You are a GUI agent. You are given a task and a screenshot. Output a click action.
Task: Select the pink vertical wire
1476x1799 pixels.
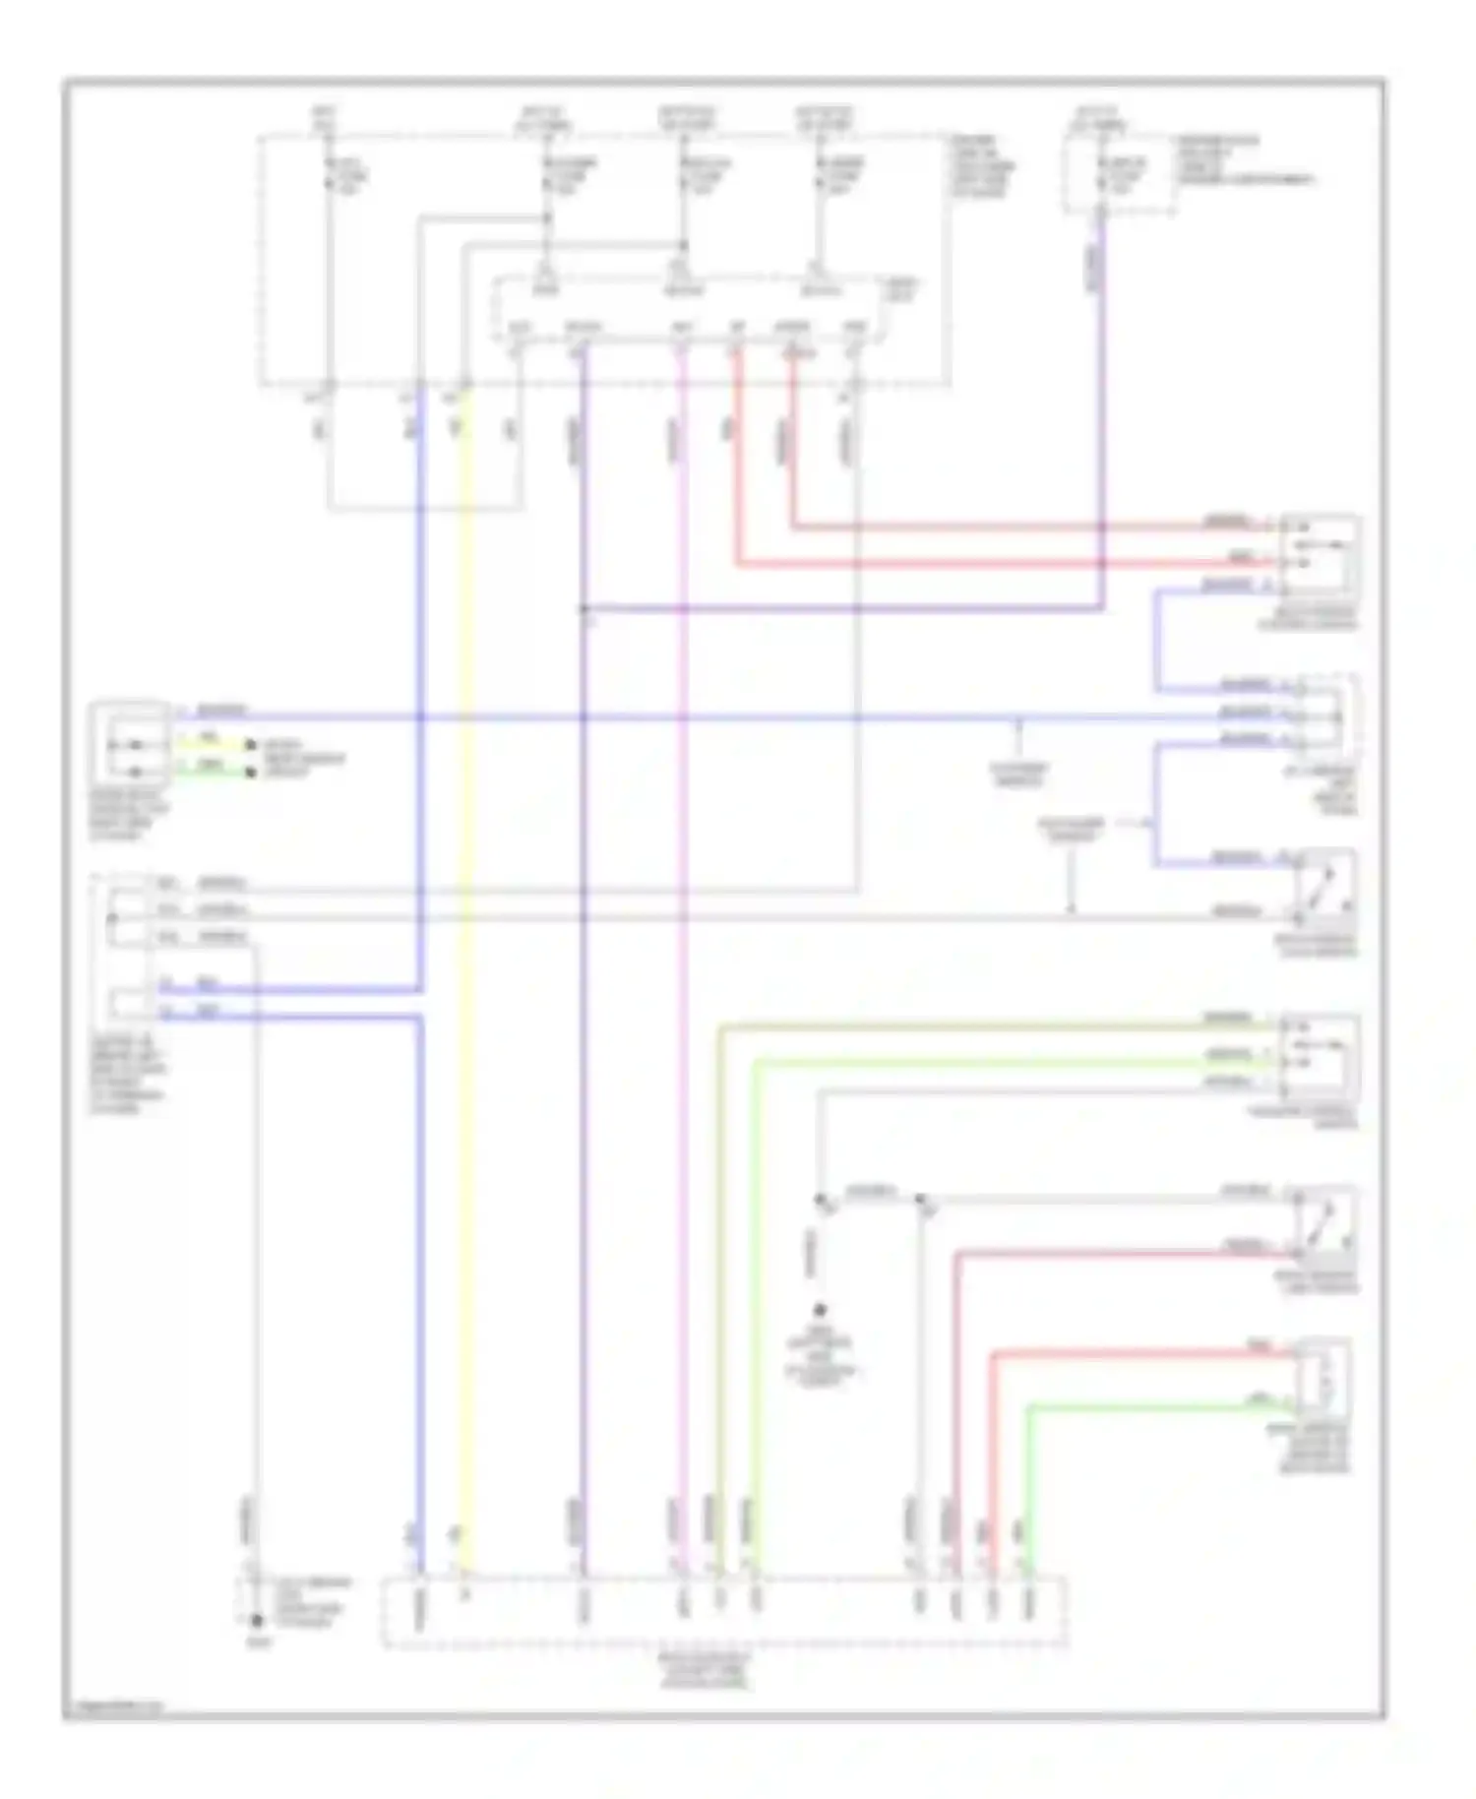pyautogui.click(x=682, y=984)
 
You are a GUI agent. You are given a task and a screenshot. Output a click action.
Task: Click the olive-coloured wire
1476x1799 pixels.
pyautogui.click(x=719, y=1279)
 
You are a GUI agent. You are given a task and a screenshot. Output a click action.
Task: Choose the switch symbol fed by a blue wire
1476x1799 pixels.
pyautogui.click(x=1322, y=886)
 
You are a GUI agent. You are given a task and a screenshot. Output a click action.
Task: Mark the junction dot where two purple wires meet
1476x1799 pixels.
pyautogui.click(x=584, y=609)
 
